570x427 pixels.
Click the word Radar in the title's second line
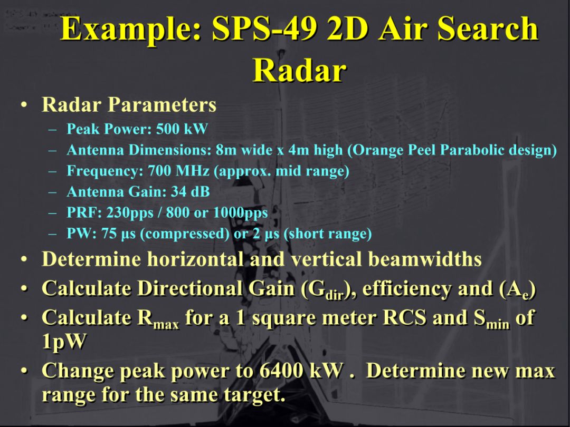pos(299,70)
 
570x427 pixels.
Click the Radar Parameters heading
pos(129,104)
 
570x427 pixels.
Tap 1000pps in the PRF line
pos(240,213)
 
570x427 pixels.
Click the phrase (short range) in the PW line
pos(327,234)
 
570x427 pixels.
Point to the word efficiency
pos(409,289)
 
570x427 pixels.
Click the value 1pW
pos(63,342)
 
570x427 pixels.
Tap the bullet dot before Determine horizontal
pos(24,260)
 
